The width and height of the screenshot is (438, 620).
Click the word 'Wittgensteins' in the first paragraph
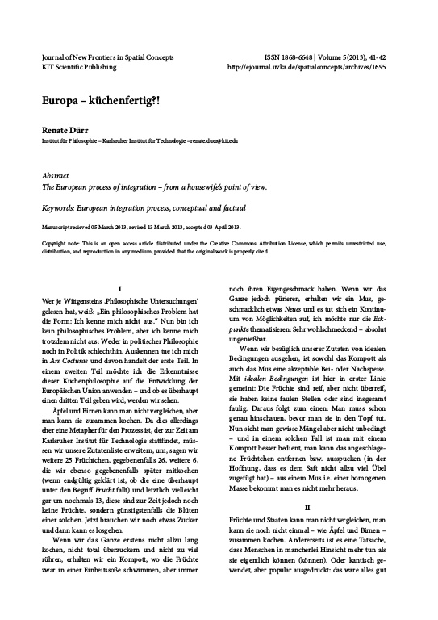point(81,300)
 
